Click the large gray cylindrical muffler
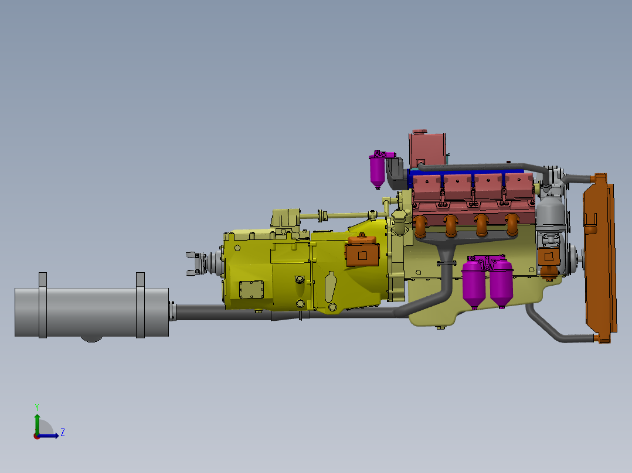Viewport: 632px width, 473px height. [x=91, y=312]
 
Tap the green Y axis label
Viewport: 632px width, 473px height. [x=37, y=407]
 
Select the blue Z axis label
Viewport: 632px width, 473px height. [x=63, y=433]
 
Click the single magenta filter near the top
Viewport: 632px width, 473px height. [x=378, y=171]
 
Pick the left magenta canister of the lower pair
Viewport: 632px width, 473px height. [x=474, y=284]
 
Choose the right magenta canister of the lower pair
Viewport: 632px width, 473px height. [x=501, y=283]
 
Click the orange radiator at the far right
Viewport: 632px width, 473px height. [x=600, y=258]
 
